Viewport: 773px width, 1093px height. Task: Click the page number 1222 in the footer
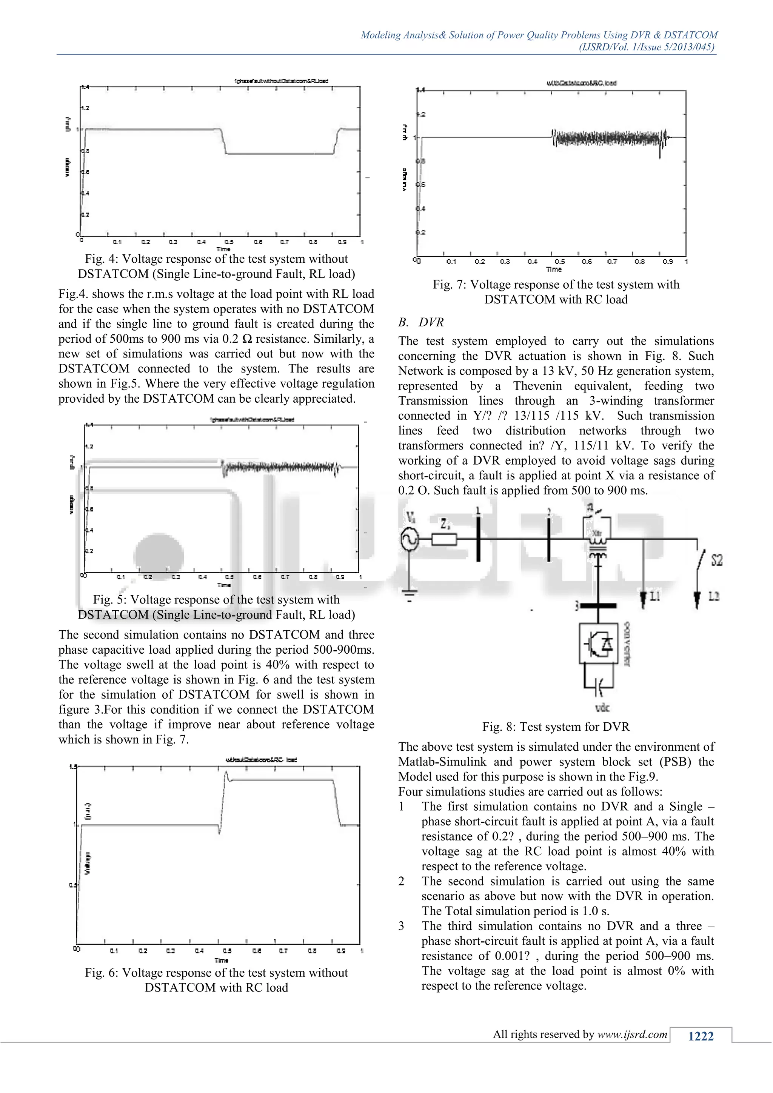click(x=701, y=1036)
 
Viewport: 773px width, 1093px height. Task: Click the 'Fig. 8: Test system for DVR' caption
click(x=556, y=727)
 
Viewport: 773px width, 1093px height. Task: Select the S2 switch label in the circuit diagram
click(x=716, y=560)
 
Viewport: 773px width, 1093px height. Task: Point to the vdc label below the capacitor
click(x=602, y=708)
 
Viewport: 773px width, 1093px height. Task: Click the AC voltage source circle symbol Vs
click(x=410, y=539)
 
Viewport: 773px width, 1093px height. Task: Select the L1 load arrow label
click(x=654, y=596)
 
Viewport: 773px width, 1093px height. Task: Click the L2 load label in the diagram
click(x=713, y=596)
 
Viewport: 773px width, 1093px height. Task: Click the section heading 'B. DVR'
click(x=421, y=322)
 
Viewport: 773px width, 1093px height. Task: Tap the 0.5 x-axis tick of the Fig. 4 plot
click(x=229, y=242)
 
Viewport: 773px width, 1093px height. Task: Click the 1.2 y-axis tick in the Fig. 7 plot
click(x=421, y=114)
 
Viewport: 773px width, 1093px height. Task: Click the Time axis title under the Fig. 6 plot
click(x=221, y=960)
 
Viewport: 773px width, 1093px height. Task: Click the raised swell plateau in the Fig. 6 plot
click(x=281, y=780)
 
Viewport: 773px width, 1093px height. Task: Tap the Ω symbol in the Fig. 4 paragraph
click(x=246, y=339)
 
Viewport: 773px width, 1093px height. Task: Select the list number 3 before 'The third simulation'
click(x=401, y=926)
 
